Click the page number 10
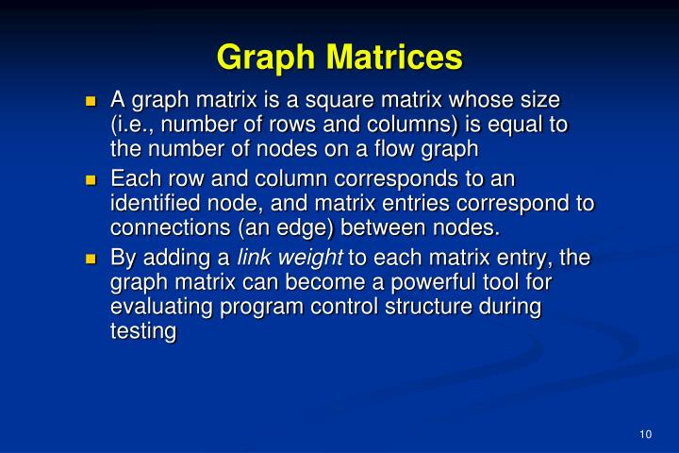point(645,434)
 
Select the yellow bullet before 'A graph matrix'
point(91,99)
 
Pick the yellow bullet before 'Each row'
point(91,178)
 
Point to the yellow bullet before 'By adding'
point(91,258)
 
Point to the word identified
point(162,204)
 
